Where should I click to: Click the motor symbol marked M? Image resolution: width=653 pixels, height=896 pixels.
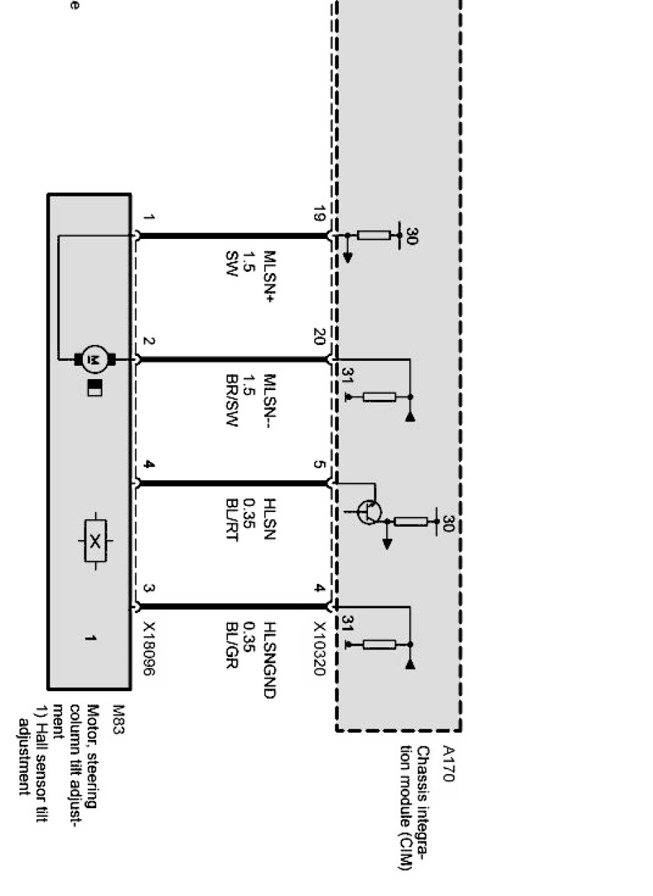(x=93, y=360)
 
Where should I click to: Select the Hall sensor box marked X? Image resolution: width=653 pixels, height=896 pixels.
(x=95, y=539)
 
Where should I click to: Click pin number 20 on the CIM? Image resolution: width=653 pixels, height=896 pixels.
(x=319, y=338)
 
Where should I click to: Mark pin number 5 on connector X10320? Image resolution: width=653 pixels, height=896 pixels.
(x=319, y=463)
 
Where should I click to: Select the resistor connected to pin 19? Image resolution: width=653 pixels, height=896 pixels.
(x=374, y=235)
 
